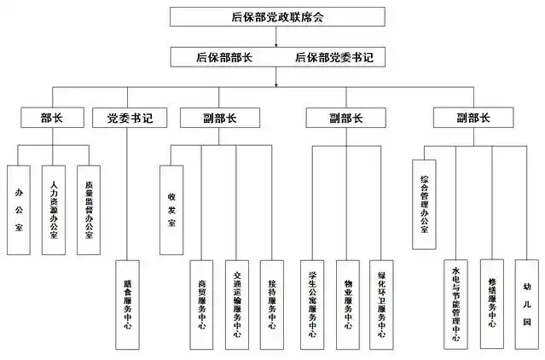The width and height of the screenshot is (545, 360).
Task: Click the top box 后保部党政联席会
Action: (272, 16)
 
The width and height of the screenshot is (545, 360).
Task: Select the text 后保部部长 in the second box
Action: (223, 58)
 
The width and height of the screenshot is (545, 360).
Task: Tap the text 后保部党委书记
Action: (333, 58)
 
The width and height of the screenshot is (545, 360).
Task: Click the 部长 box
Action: (52, 118)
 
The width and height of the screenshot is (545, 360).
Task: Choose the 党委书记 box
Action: (128, 118)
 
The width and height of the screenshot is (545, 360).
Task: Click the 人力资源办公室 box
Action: (54, 209)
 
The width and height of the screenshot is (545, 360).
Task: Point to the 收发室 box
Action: (172, 209)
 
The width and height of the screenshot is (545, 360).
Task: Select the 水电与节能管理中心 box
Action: (455, 304)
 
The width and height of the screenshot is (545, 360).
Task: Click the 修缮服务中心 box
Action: (492, 304)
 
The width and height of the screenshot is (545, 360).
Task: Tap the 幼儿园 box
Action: (527, 304)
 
